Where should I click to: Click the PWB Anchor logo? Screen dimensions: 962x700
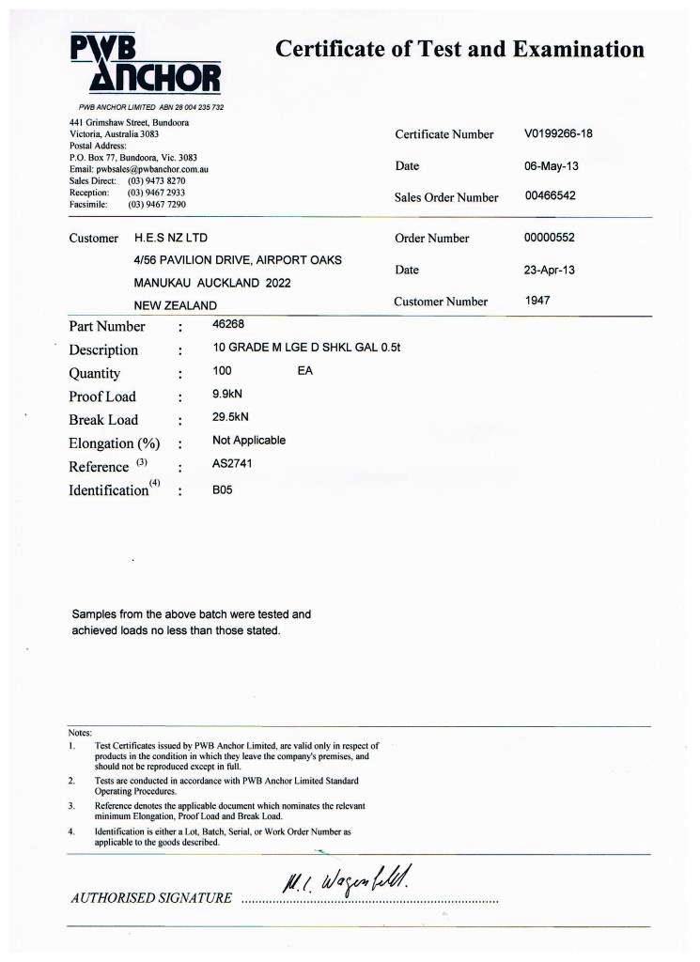pyautogui.click(x=145, y=64)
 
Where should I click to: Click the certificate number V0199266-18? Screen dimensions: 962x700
pyautogui.click(x=558, y=133)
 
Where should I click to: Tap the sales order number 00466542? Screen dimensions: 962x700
pyautogui.click(x=550, y=196)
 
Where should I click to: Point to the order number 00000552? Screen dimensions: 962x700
pyautogui.click(x=549, y=238)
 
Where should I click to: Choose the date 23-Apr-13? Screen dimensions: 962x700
pyautogui.click(x=549, y=270)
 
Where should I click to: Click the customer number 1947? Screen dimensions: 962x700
pyautogui.click(x=538, y=301)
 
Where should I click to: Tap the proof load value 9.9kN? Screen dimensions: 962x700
pyautogui.click(x=229, y=395)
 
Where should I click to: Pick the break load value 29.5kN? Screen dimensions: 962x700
pyautogui.click(x=231, y=417)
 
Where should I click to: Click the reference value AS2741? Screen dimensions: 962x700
pyautogui.click(x=231, y=463)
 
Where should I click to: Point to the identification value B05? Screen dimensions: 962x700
pyautogui.click(x=222, y=489)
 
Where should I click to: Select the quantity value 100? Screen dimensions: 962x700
pyautogui.click(x=222, y=371)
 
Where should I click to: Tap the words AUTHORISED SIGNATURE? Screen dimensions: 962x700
pyautogui.click(x=150, y=898)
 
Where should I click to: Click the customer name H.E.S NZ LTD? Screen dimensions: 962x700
pyautogui.click(x=171, y=239)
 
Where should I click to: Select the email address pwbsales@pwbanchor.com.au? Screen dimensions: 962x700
pyautogui.click(x=151, y=168)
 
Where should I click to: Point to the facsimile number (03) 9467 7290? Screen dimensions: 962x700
pyautogui.click(x=157, y=203)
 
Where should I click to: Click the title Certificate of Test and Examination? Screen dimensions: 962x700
pyautogui.click(x=459, y=50)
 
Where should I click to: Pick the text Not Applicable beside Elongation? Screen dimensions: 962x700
pyautogui.click(x=249, y=440)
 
